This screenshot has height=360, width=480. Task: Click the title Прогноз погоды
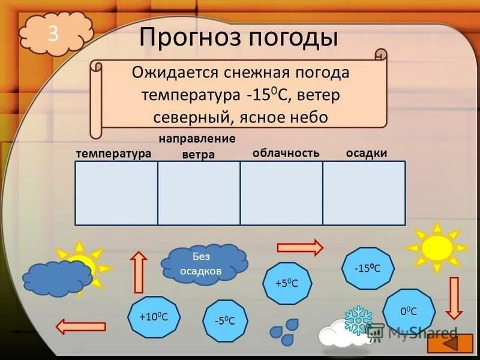[239, 38]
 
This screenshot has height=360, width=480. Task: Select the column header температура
[113, 154]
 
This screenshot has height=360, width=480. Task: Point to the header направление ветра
[197, 146]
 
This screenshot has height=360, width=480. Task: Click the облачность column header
[286, 153]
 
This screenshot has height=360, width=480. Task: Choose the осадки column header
[367, 153]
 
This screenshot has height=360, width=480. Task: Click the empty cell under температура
[116, 193]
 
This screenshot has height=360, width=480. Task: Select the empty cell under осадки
[364, 193]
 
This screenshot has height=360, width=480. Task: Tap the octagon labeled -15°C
[368, 268]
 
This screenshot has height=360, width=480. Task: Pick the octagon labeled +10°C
[152, 316]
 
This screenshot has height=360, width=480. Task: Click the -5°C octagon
[224, 320]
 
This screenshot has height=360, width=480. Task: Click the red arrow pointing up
[139, 272]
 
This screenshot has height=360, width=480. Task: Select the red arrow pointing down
[454, 297]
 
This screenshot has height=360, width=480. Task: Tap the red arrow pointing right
[299, 247]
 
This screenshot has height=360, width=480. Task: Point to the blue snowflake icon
[358, 320]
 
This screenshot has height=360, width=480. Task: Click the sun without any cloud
[436, 246]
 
